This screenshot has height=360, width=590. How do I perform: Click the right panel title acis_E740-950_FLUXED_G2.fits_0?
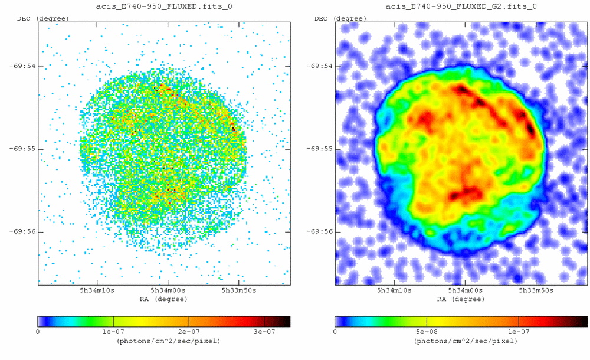tap(461, 6)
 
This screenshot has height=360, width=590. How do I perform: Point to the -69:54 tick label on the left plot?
tap(22, 66)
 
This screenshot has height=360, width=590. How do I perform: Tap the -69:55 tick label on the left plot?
tap(22, 149)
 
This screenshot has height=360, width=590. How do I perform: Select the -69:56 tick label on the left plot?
tap(22, 231)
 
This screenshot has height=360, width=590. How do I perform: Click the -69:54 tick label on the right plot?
tap(319, 66)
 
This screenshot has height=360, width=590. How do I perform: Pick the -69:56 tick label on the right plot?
tap(319, 231)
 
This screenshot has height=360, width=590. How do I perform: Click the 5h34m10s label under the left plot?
tap(97, 291)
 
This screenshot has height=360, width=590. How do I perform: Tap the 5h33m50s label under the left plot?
tap(238, 291)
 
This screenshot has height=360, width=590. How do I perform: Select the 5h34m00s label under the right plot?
tap(465, 291)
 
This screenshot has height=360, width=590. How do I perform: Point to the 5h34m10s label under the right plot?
tap(394, 291)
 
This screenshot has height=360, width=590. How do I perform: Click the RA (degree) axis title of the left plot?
tap(164, 299)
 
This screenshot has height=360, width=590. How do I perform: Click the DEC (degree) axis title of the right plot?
tap(340, 18)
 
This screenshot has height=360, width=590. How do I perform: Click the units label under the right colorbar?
tap(461, 341)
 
